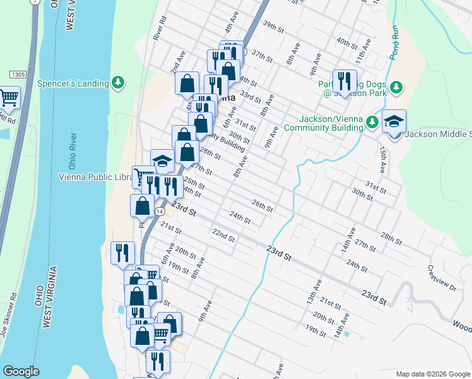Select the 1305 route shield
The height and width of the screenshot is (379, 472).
tap(18, 75)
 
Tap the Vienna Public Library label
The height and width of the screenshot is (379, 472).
tap(95, 176)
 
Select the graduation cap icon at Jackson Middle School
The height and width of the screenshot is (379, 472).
tap(394, 121)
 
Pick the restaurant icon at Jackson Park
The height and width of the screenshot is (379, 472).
tap(344, 80)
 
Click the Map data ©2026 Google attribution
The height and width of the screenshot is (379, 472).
tap(432, 374)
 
